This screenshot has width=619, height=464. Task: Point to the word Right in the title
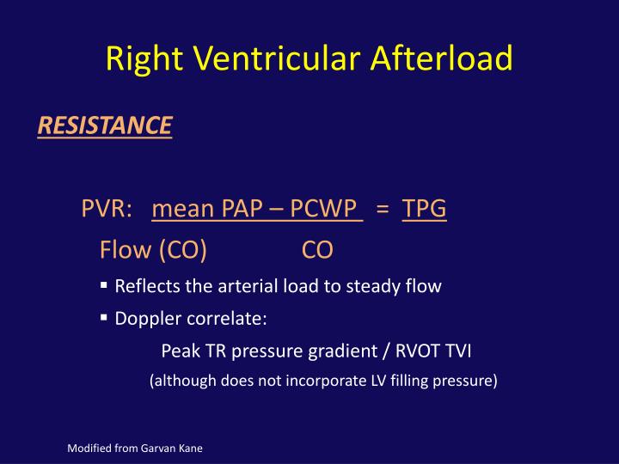[x=140, y=58]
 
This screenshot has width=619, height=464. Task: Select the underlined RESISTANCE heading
[x=104, y=126]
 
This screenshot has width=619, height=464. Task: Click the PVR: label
[x=107, y=209]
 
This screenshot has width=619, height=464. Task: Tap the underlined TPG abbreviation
[x=425, y=209]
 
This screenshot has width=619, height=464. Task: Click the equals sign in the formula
[x=383, y=210]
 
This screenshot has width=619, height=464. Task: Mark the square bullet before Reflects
[x=104, y=285]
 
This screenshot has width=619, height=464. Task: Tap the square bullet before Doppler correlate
[x=104, y=318]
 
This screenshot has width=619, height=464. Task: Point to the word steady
[x=383, y=287]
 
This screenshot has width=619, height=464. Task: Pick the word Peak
[x=179, y=351]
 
